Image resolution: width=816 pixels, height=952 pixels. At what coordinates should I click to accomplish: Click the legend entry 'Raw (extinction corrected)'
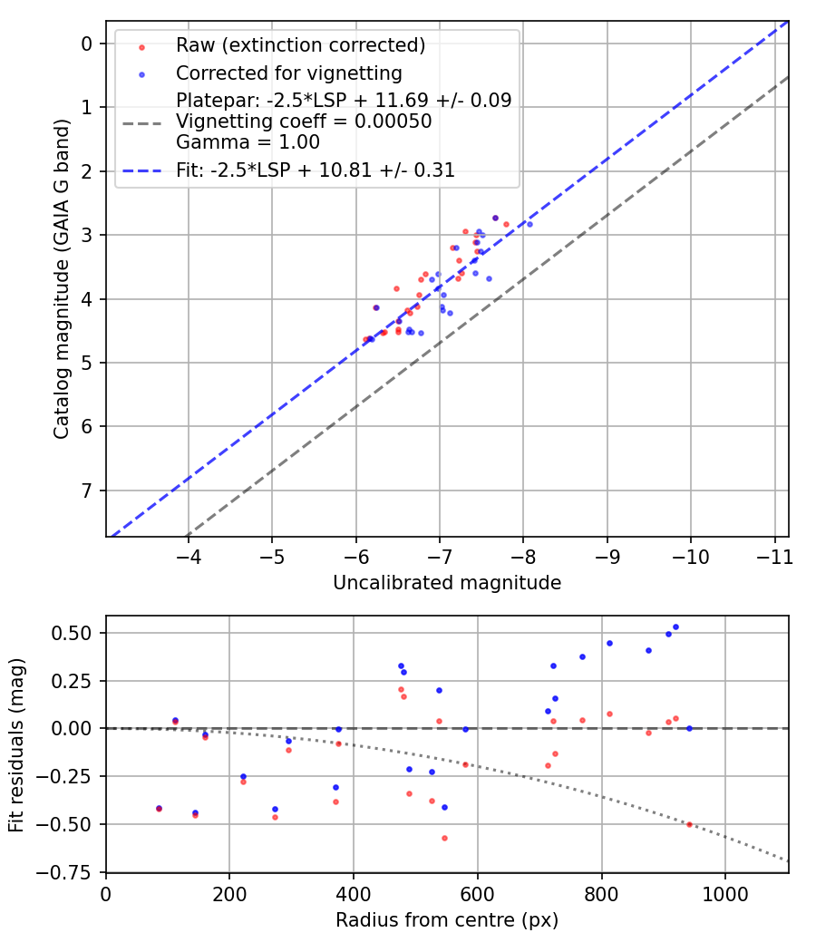pyautogui.click(x=300, y=45)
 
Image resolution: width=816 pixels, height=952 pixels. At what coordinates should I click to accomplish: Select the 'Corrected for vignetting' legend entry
pyautogui.click(x=288, y=73)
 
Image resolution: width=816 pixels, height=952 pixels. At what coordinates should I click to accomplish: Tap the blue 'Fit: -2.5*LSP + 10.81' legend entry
pyautogui.click(x=316, y=170)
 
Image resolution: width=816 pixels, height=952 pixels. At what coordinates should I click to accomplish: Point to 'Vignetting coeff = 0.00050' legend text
pyautogui.click(x=304, y=121)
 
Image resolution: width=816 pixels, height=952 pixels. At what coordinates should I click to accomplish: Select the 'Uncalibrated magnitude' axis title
pyautogui.click(x=447, y=583)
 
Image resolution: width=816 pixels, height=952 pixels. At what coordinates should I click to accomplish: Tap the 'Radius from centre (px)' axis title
pyautogui.click(x=447, y=920)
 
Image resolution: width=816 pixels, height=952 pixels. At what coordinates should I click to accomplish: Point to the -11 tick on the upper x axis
pyautogui.click(x=774, y=553)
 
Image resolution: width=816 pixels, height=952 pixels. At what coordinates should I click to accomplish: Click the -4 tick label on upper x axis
pyautogui.click(x=189, y=553)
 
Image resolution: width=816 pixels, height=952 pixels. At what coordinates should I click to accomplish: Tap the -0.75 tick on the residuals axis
pyautogui.click(x=76, y=871)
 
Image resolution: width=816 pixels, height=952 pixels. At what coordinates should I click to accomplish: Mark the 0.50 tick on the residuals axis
pyautogui.click(x=80, y=633)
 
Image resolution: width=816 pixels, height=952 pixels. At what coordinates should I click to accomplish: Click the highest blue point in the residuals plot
pyautogui.click(x=675, y=627)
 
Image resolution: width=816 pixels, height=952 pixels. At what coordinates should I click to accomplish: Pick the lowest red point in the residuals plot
pyautogui.click(x=444, y=838)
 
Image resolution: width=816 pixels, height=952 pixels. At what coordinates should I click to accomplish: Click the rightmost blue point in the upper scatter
pyautogui.click(x=529, y=224)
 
